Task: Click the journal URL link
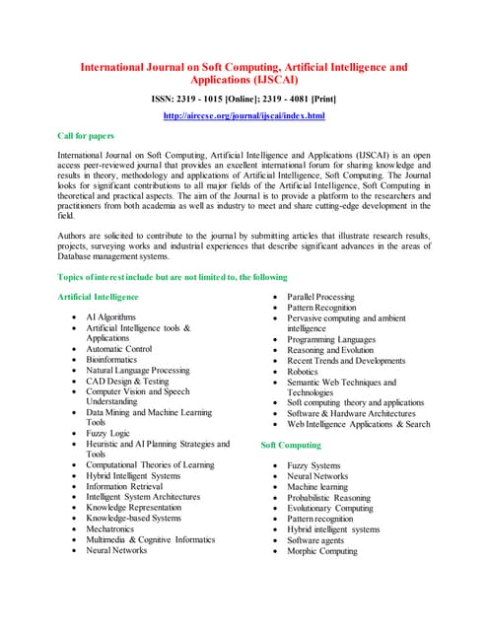[244, 116]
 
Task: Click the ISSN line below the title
[244, 99]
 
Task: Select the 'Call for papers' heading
[86, 136]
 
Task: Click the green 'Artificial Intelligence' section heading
[99, 296]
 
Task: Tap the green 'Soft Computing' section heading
[291, 445]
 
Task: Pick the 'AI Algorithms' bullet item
[111, 316]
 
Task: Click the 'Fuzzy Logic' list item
[107, 433]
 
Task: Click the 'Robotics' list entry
[304, 371]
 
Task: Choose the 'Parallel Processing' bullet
[320, 296]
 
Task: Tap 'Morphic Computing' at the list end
[322, 551]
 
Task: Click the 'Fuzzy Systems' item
[314, 465]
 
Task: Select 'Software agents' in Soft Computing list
[317, 540]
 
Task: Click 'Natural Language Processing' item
[137, 370]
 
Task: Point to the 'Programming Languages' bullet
[331, 339]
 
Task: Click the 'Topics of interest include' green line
[173, 277]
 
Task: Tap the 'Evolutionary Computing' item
[330, 508]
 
